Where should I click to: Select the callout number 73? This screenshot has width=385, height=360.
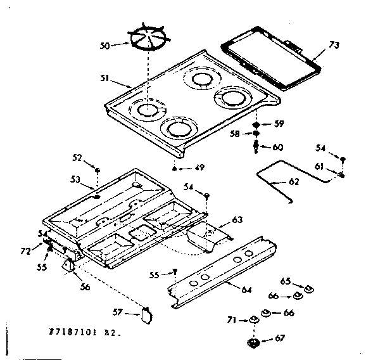334,44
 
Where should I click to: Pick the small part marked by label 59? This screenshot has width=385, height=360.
256,124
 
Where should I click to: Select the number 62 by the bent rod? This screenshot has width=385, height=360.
293,181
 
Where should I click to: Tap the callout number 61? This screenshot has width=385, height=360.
320,166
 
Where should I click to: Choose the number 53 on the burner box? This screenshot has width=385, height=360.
75,181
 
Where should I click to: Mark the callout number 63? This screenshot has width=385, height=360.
237,220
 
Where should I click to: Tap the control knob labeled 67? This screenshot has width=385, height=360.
255,344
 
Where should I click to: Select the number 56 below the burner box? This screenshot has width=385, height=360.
85,287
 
